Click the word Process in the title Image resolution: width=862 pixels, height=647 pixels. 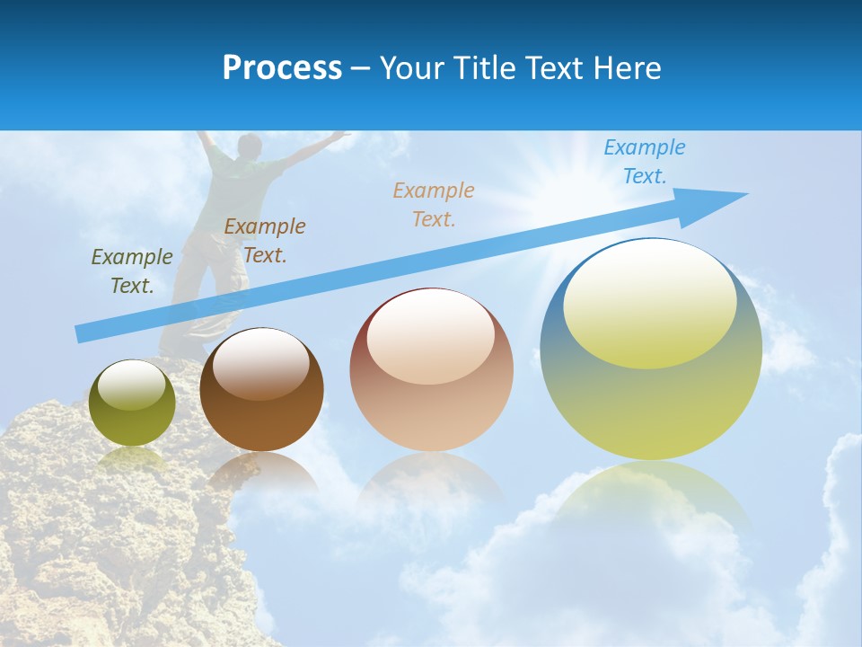[x=282, y=68]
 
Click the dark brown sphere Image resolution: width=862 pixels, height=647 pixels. [x=261, y=390]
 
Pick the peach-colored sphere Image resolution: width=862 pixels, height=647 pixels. [x=431, y=369]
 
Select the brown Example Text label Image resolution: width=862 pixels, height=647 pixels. [x=265, y=241]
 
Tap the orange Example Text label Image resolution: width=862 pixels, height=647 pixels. [x=434, y=205]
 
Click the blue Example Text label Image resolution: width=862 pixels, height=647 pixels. [x=645, y=162]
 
